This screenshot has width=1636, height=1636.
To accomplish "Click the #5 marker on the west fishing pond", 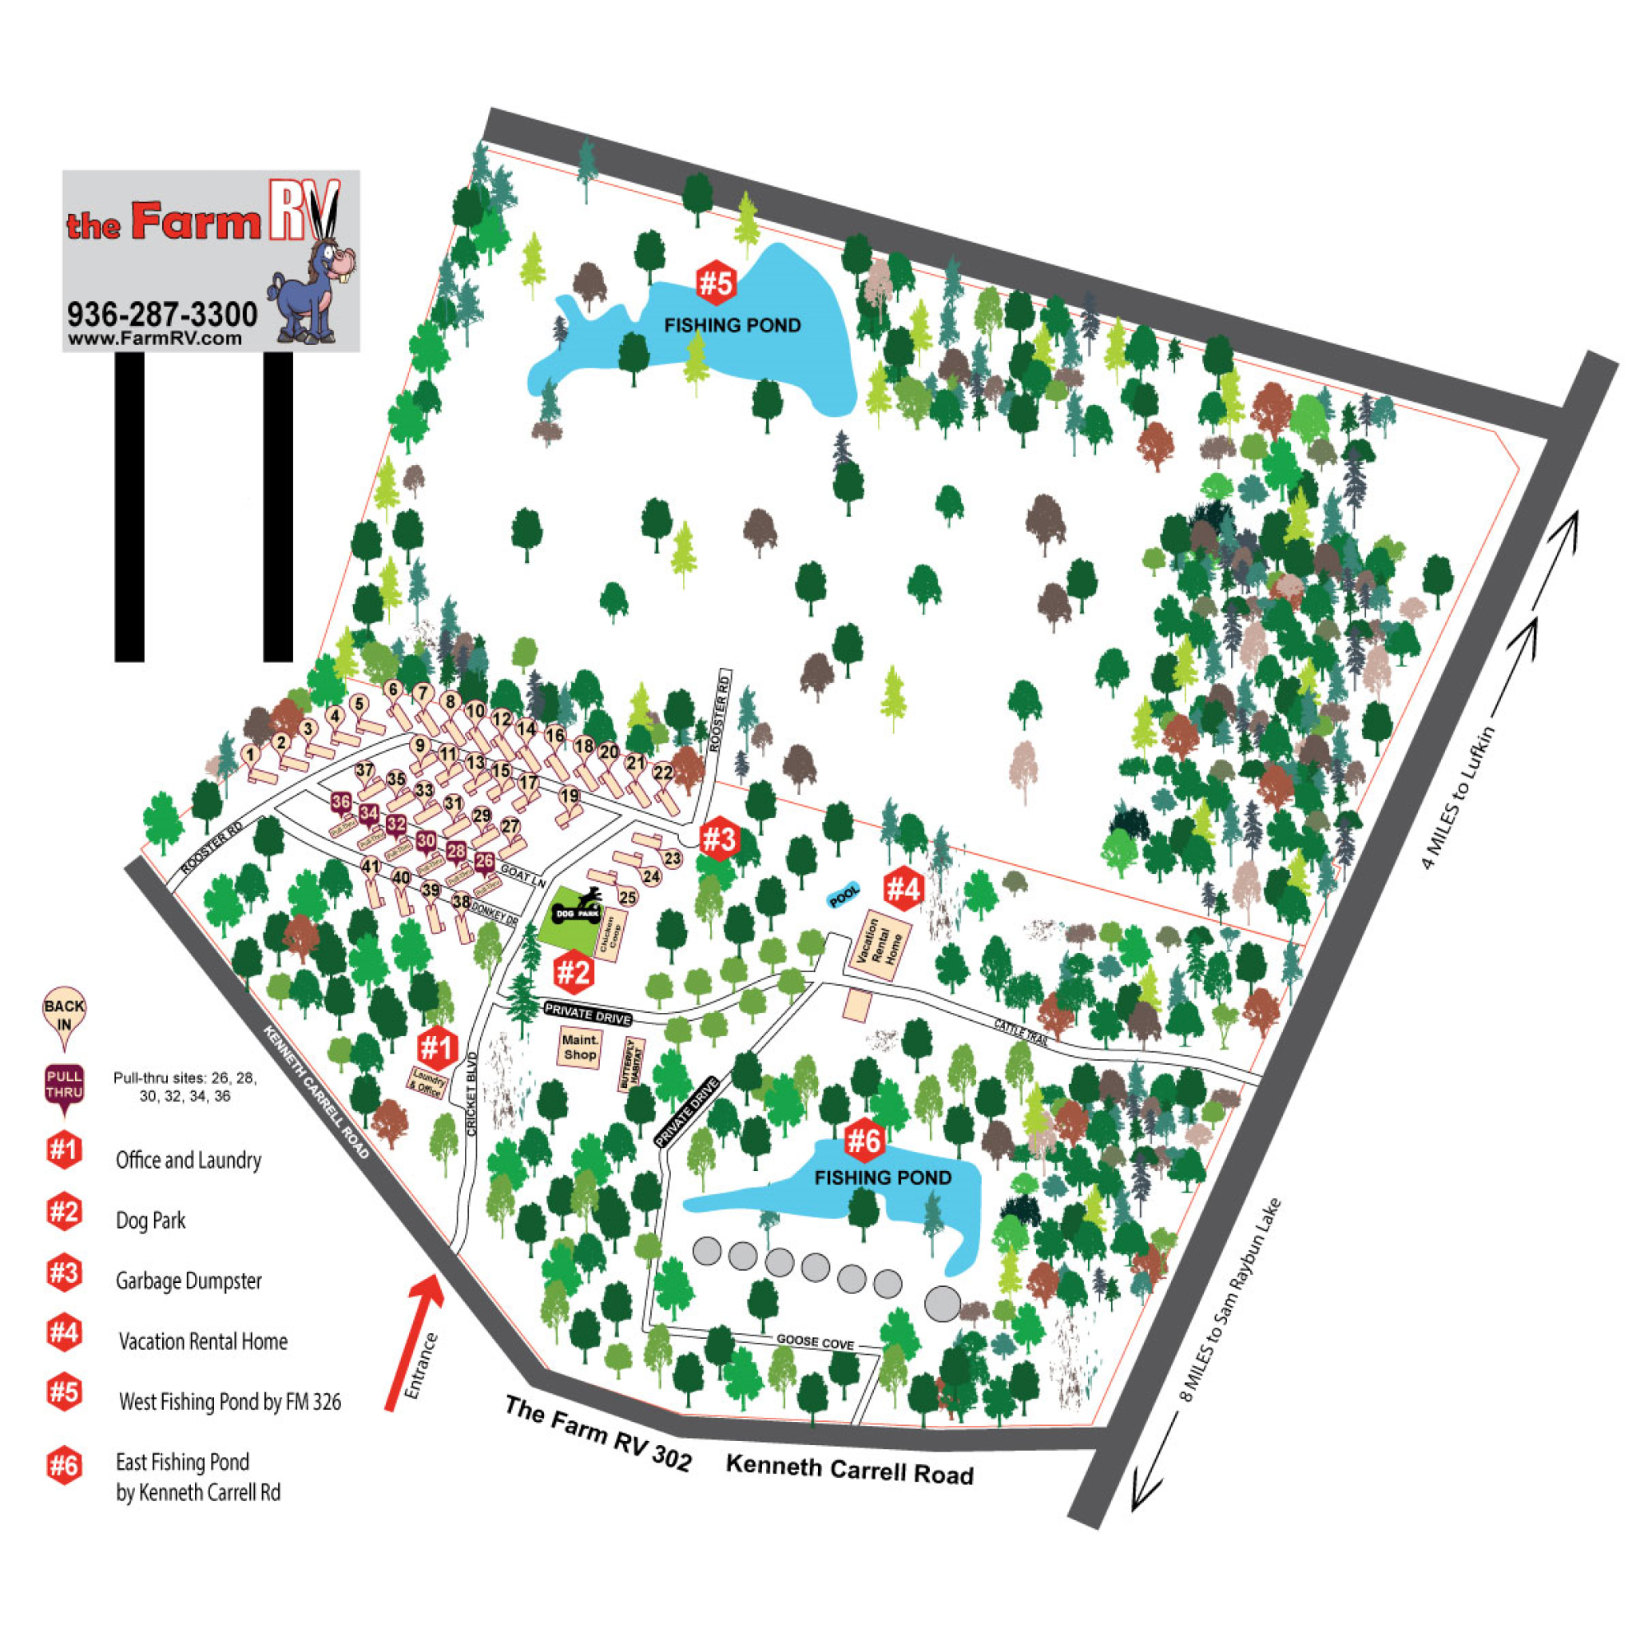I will click(716, 284).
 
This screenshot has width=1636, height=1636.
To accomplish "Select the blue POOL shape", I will click(844, 895).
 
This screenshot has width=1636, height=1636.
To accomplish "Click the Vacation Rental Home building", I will click(880, 946).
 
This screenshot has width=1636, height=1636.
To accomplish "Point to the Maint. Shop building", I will click(580, 1047).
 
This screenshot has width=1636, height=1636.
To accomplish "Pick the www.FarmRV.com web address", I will click(155, 339).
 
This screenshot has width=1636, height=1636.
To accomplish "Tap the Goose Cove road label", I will click(815, 1342).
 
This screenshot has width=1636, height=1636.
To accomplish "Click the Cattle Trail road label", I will click(1021, 1033).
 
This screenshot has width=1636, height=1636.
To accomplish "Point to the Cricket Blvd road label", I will click(471, 1092).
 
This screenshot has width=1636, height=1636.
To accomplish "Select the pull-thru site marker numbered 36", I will click(341, 802).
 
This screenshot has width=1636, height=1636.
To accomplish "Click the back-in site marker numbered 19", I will click(570, 796).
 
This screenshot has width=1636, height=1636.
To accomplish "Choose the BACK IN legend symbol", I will click(65, 1014).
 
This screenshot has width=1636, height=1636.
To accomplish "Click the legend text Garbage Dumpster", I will click(189, 1281).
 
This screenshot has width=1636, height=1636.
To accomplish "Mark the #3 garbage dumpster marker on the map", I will click(718, 840).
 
